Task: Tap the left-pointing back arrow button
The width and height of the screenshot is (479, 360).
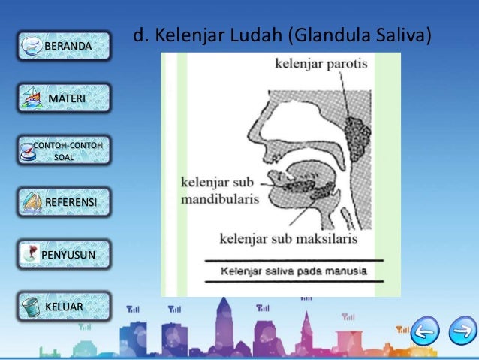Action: click(x=426, y=331)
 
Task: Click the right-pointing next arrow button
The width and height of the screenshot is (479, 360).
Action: click(x=462, y=331)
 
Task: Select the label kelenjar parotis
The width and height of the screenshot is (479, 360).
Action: click(x=321, y=65)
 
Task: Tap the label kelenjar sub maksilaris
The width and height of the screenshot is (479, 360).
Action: click(x=288, y=239)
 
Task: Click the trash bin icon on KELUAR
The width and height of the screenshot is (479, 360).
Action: click(x=30, y=307)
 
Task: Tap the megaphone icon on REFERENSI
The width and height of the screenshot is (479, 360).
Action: click(x=32, y=203)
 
